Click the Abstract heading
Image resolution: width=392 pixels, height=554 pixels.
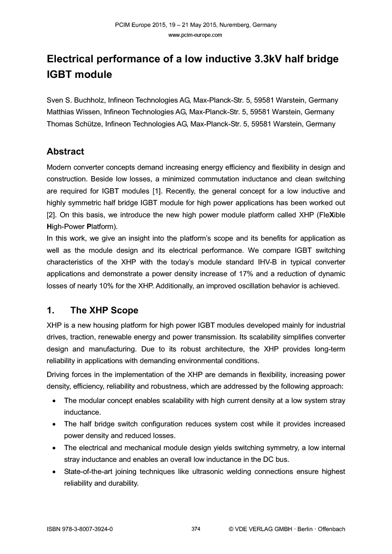coord(65,151)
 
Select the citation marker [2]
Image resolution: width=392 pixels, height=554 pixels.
coord(51,215)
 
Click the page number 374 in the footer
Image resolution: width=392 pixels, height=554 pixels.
coord(196,529)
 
